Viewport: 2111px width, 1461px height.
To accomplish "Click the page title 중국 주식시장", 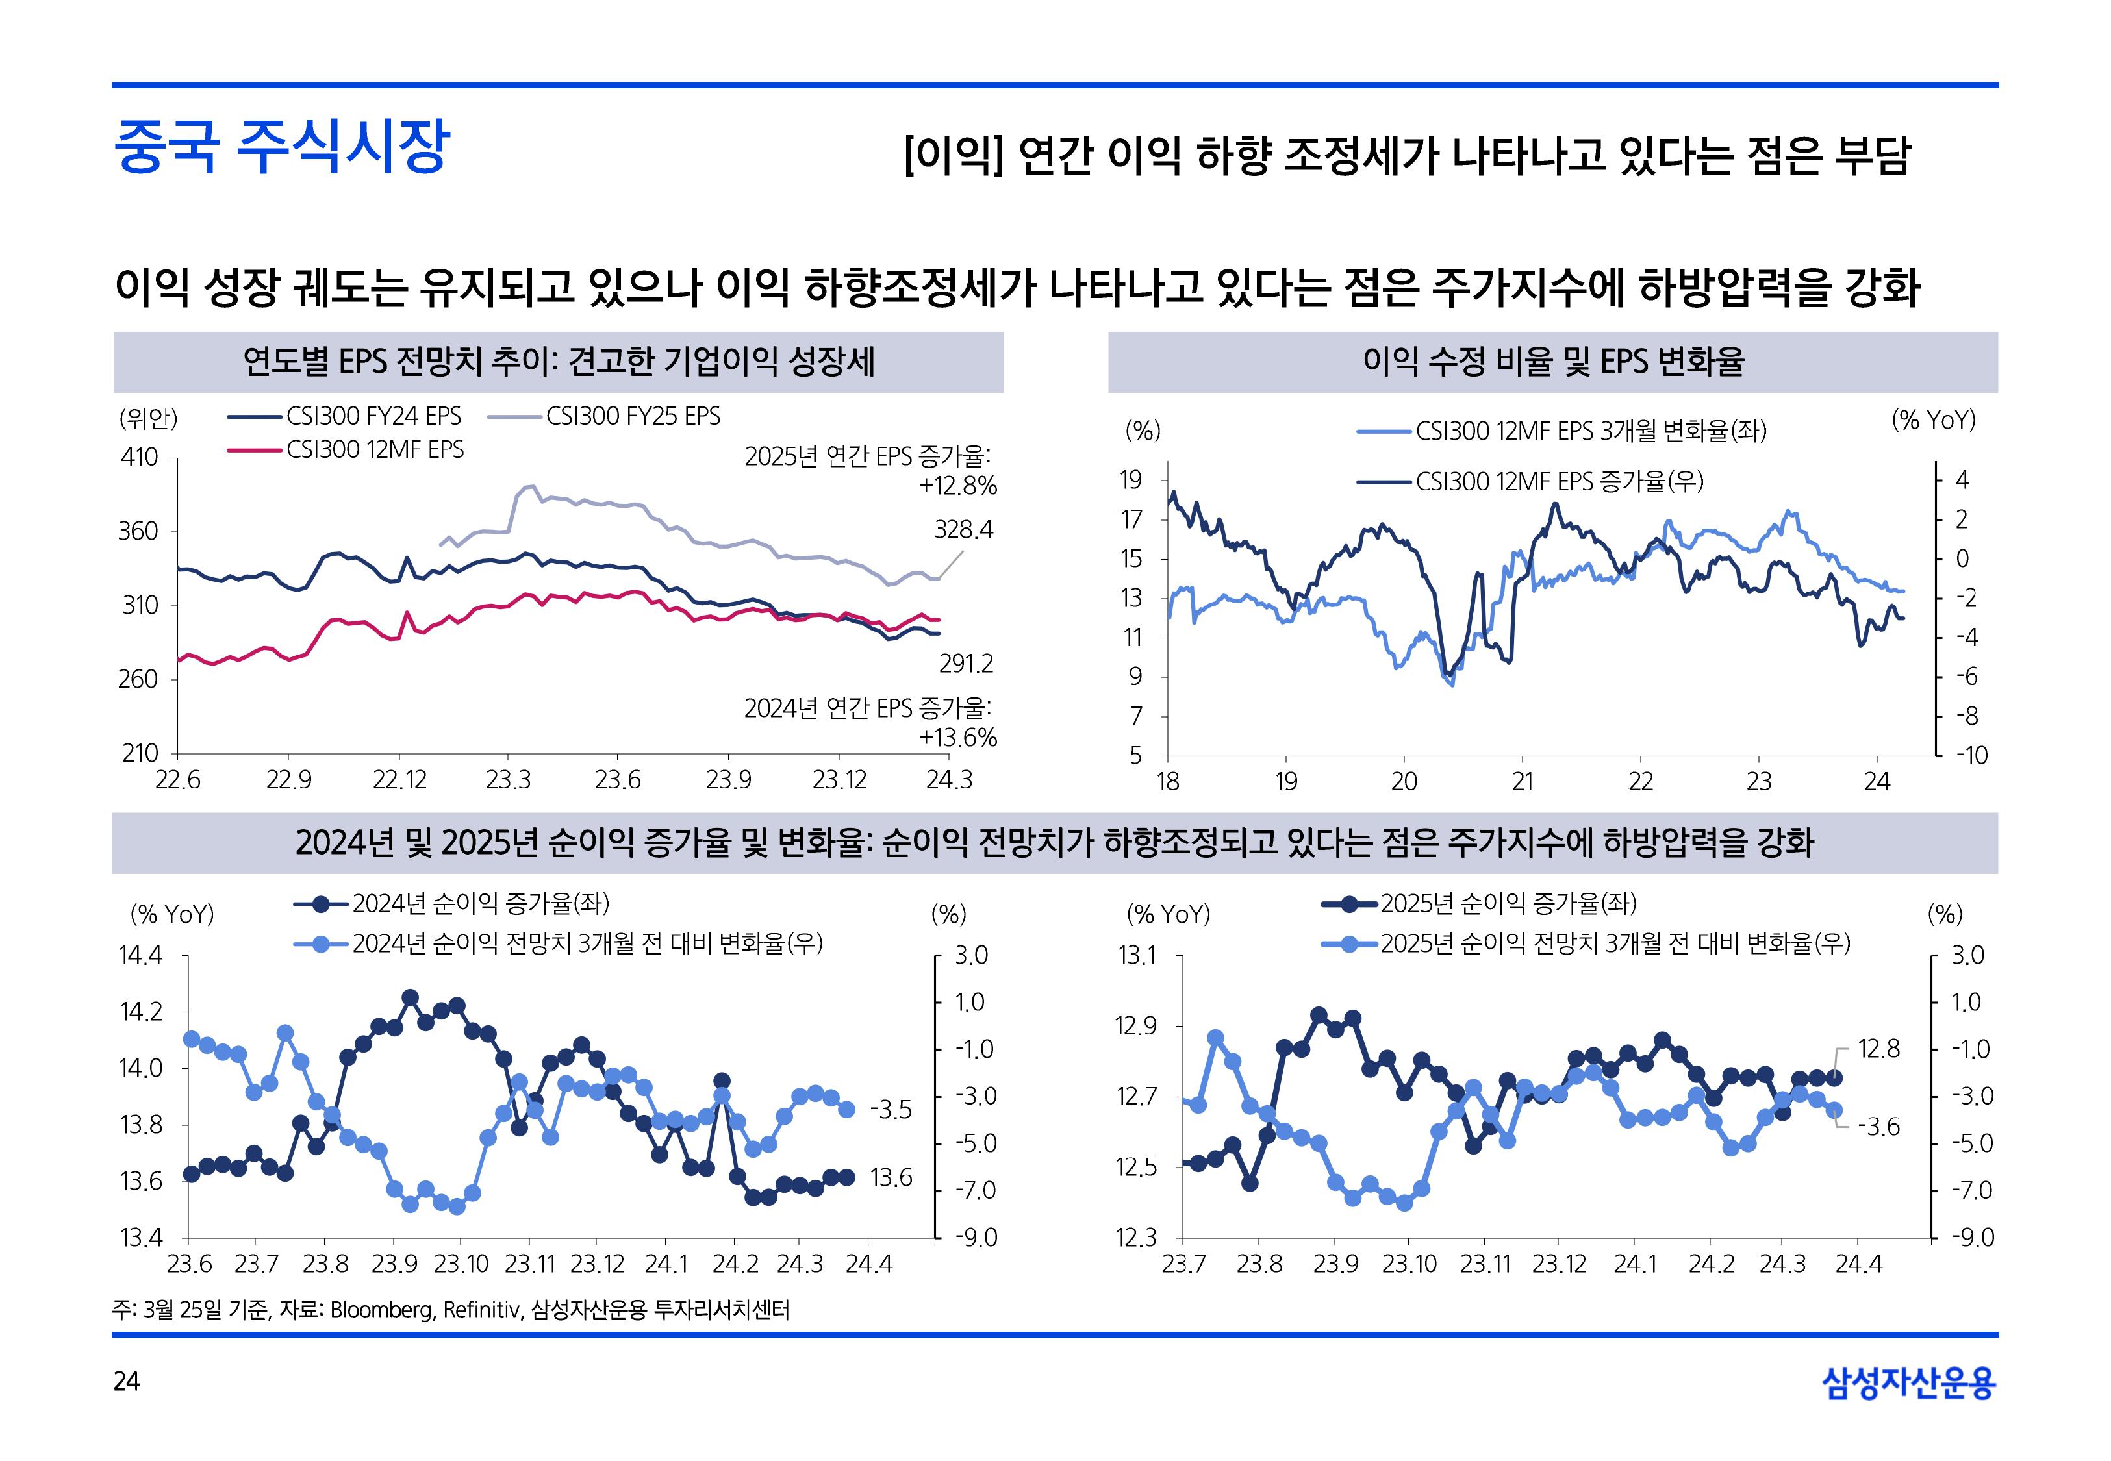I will [281, 147].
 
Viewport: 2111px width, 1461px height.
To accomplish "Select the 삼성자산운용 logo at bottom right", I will [1909, 1382].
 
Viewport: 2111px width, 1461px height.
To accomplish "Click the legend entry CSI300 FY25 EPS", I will [633, 416].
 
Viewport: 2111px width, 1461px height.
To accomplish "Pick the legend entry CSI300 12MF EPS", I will [374, 449].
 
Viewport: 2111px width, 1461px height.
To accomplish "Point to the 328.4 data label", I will [963, 530].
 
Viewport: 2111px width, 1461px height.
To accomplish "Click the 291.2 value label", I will [966, 664].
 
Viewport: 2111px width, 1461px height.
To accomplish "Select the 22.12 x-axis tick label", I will [399, 780].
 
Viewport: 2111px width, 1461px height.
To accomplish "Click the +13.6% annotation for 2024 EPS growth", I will [957, 738].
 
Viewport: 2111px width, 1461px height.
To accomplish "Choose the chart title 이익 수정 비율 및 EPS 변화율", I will [1552, 362].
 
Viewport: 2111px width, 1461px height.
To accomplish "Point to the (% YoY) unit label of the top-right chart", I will [1934, 420].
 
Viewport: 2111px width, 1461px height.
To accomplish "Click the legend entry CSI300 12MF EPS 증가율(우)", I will [1559, 482].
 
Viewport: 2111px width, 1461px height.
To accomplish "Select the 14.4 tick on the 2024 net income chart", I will [140, 956].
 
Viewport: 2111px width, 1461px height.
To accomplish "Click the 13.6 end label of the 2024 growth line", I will [891, 1177].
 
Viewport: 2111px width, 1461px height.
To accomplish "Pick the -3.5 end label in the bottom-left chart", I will [891, 1110].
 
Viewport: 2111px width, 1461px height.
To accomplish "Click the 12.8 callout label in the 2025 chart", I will [1878, 1049].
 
